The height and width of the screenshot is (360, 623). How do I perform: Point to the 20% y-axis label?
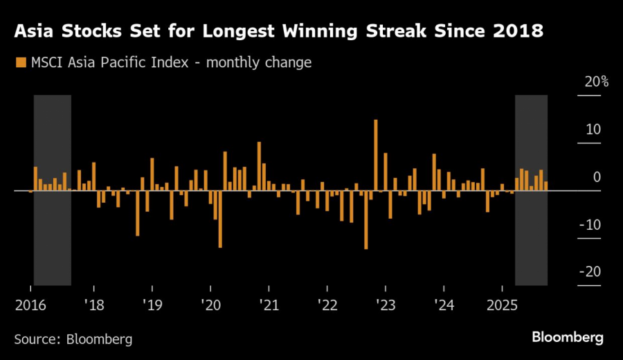[x=596, y=82]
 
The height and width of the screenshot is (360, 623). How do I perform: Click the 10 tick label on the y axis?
[x=594, y=129]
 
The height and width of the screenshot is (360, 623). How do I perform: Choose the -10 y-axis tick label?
[x=591, y=224]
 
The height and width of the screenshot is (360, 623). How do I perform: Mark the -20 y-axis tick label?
[x=591, y=272]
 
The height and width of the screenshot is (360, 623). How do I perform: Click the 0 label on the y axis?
[x=597, y=177]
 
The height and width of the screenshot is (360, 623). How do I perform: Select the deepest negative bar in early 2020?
[x=220, y=219]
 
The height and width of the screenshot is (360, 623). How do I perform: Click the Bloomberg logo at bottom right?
[x=567, y=337]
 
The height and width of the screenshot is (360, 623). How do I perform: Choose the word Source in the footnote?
[x=37, y=339]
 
